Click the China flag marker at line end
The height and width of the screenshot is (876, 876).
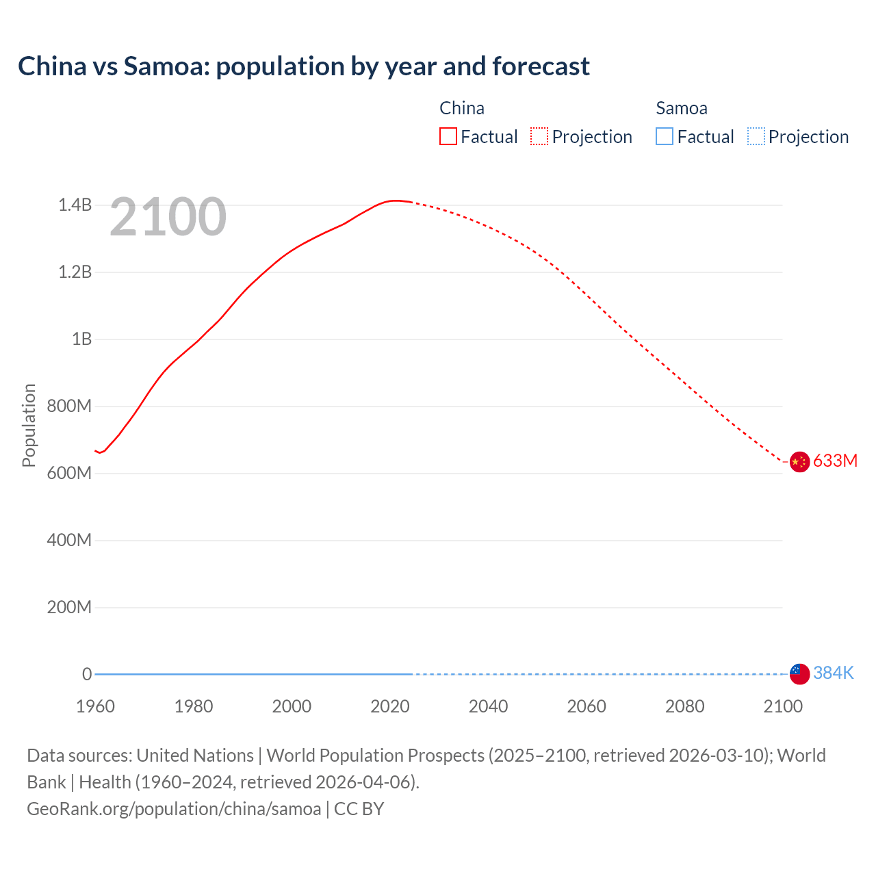click(799, 462)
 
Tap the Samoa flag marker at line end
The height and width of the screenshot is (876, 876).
click(799, 673)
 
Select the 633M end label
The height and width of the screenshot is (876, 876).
click(835, 461)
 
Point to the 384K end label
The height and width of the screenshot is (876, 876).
click(833, 673)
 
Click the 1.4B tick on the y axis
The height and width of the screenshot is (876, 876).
click(75, 205)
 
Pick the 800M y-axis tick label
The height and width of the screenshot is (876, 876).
click(69, 406)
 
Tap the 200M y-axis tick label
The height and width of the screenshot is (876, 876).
click(69, 607)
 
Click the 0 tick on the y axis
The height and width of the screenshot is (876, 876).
click(87, 674)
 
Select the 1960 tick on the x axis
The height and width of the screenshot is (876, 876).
click(95, 706)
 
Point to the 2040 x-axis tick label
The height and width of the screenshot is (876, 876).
click(488, 706)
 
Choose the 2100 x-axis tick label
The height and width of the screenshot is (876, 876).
click(783, 706)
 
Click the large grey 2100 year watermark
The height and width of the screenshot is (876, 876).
click(168, 217)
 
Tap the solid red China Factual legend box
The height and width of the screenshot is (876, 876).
click(448, 137)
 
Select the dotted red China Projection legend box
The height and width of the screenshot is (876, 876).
click(539, 137)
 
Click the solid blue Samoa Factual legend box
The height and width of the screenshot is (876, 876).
click(665, 137)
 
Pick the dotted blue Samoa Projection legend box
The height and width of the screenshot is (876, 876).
click(756, 137)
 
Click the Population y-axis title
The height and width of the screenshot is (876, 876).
click(29, 425)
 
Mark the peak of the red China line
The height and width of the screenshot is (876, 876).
click(395, 201)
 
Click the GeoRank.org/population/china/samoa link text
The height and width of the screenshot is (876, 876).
click(174, 809)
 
